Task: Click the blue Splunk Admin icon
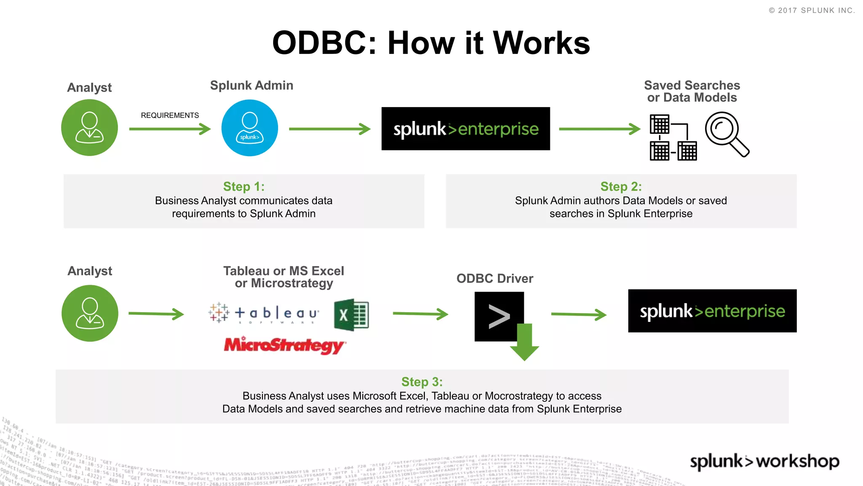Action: [x=249, y=128]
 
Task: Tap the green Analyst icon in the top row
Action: [x=89, y=127]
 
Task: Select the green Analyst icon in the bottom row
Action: [x=90, y=313]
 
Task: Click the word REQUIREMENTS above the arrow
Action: [x=170, y=115]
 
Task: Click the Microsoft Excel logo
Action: [x=351, y=314]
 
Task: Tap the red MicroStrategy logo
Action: [x=285, y=345]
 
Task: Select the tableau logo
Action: [x=264, y=313]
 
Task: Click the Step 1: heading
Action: [x=244, y=186]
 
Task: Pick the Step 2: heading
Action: [x=621, y=186]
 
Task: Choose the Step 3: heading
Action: [x=422, y=382]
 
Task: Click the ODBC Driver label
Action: [x=495, y=278]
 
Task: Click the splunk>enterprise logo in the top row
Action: [x=466, y=129]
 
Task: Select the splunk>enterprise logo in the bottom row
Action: [x=712, y=311]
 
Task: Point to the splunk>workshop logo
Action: [x=764, y=461]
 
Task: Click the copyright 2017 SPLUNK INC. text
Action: [x=812, y=11]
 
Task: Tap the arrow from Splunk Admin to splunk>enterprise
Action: [x=330, y=129]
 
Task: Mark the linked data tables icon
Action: [x=673, y=138]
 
